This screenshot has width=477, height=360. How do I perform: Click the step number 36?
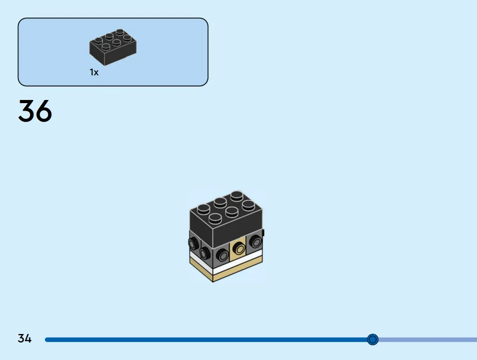click(x=35, y=111)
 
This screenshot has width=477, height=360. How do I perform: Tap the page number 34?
click(x=25, y=338)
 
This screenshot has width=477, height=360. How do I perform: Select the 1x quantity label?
click(x=94, y=72)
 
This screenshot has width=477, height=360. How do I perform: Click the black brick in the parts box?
click(x=113, y=47)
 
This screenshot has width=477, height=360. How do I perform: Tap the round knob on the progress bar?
click(x=372, y=339)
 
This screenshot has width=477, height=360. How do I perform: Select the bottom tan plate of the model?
click(x=226, y=269)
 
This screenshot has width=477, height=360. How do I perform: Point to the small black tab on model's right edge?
click(x=263, y=233)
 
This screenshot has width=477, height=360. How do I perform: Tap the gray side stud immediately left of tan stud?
click(x=223, y=255)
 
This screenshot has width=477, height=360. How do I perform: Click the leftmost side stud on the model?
click(x=193, y=243)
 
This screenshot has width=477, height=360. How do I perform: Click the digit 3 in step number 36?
click(x=27, y=111)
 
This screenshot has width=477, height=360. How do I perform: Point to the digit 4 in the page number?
click(x=28, y=338)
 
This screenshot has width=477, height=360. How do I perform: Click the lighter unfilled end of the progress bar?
click(x=428, y=340)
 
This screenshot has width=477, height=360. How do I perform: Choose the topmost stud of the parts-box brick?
click(x=120, y=32)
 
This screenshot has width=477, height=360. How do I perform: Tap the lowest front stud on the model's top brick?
click(x=215, y=218)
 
